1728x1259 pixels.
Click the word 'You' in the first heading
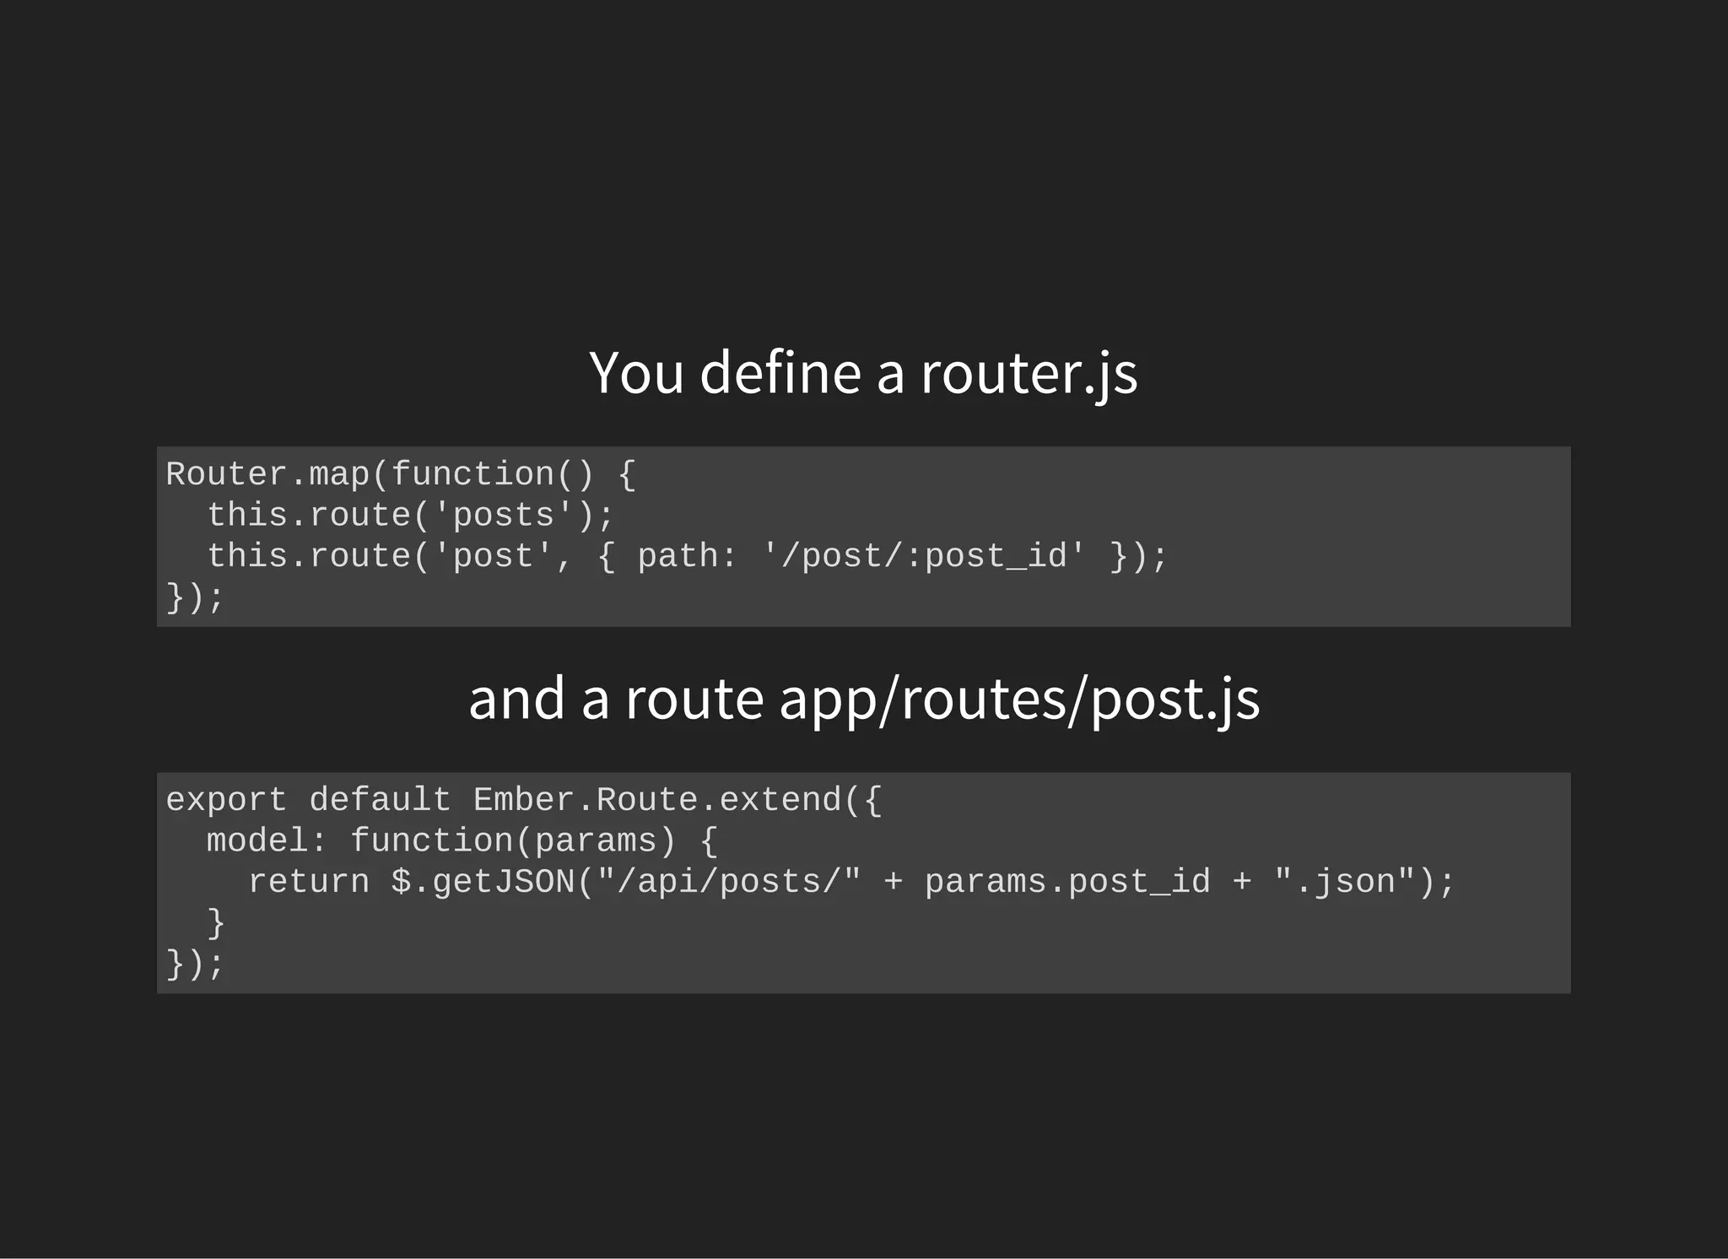636,373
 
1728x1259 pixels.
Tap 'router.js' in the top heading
1029,373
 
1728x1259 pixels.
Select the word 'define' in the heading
780,373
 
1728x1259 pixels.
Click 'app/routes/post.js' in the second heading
1019,700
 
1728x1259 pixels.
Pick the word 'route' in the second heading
694,700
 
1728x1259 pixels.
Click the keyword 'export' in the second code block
226,800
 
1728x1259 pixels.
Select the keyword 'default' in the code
381,800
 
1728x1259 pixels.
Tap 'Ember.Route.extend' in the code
657,800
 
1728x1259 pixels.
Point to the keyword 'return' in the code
309,882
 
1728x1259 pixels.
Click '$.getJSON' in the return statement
483,882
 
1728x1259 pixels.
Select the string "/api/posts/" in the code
729,882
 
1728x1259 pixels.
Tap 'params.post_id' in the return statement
1067,882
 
